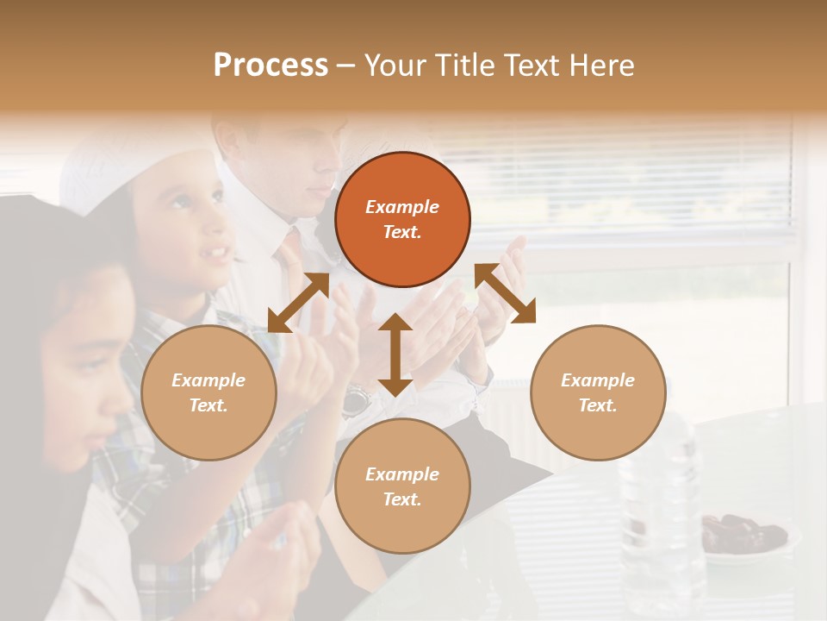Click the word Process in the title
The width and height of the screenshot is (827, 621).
click(x=270, y=66)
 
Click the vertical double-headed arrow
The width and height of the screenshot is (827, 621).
click(x=395, y=354)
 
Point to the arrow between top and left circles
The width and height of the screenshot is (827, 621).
click(x=298, y=303)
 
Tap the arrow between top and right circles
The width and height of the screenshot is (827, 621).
click(x=506, y=294)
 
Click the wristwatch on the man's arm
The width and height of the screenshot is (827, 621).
click(x=355, y=398)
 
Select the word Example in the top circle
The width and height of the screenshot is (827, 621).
click(x=402, y=207)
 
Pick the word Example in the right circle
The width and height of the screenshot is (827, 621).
click(x=598, y=380)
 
